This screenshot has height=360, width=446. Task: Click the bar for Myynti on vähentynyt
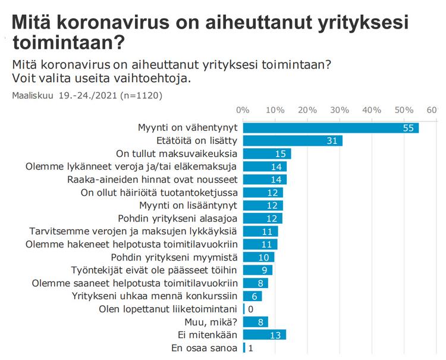(330, 128)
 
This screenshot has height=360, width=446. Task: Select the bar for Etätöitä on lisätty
(292, 141)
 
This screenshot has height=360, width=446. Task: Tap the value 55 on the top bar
(408, 128)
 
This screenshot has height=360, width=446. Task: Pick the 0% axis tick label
(243, 109)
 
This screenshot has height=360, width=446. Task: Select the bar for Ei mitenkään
(264, 334)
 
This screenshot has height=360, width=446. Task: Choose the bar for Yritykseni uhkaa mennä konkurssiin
(252, 296)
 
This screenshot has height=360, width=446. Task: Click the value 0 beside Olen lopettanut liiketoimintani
(250, 309)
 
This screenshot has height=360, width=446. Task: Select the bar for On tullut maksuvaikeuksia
(266, 154)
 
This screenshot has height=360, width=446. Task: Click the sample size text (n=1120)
(141, 95)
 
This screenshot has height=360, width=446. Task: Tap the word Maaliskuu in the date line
(32, 95)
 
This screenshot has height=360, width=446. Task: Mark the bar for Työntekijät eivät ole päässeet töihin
(257, 270)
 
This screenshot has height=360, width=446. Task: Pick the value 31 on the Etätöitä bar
(333, 141)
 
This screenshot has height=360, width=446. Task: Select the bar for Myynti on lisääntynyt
(262, 205)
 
